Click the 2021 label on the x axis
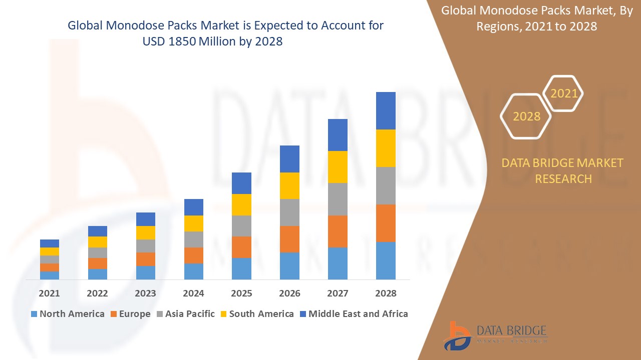tap(49, 293)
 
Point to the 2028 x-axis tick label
tap(386, 293)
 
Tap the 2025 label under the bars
tap(241, 293)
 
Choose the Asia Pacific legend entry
tap(186, 314)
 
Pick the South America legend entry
tap(257, 314)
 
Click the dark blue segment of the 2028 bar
tap(386, 110)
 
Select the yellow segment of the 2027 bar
tap(338, 167)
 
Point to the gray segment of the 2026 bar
tap(289, 212)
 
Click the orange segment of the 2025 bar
tap(241, 247)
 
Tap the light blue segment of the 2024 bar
tap(194, 271)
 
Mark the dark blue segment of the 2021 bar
tap(50, 243)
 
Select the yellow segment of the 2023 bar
tap(146, 232)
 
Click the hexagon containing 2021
tap(564, 93)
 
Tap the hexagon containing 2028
tap(526, 116)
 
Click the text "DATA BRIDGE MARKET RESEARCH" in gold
tap(563, 170)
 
